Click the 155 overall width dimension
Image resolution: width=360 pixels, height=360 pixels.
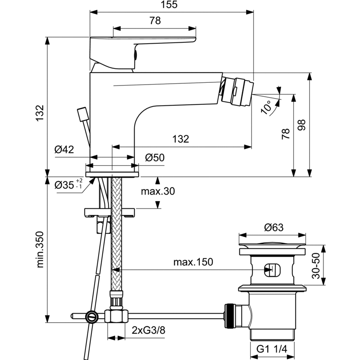[169, 4]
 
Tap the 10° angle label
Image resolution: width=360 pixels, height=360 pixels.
[267, 107]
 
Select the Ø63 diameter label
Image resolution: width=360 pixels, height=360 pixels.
[274, 227]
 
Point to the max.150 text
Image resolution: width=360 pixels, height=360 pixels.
[193, 262]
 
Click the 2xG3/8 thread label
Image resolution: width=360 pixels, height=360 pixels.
[148, 330]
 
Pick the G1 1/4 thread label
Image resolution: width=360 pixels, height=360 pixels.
[272, 349]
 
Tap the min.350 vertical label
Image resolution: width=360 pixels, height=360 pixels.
[40, 249]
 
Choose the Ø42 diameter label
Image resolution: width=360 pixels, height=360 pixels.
[64, 150]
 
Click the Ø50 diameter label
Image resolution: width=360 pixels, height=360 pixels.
[155, 158]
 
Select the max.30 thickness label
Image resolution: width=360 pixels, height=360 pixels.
[158, 191]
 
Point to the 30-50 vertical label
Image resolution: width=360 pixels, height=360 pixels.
[316, 265]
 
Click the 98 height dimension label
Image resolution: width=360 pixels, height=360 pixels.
[301, 125]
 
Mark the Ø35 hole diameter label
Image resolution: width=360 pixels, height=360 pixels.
[68, 184]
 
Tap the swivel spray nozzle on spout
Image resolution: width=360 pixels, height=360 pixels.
[237, 92]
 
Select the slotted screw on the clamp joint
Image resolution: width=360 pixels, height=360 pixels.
[92, 317]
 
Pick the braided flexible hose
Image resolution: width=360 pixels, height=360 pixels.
[117, 234]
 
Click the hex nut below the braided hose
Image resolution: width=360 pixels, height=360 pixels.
[117, 316]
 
